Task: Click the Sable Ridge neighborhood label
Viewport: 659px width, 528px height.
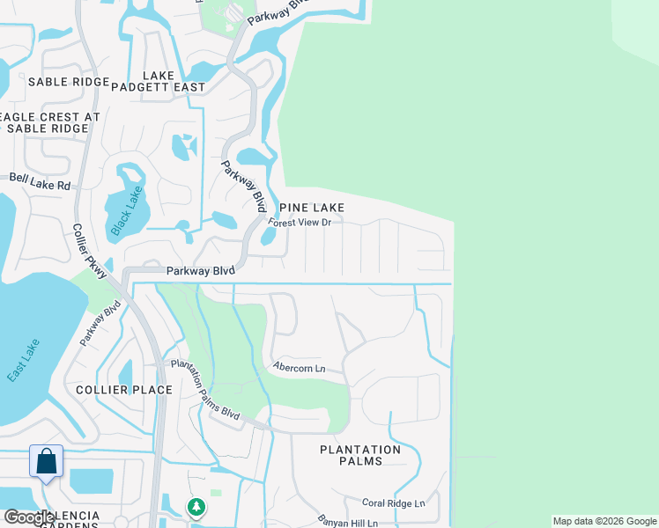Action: (64, 82)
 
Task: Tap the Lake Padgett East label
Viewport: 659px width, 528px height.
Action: (158, 81)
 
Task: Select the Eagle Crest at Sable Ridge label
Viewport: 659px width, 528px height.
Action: (51, 122)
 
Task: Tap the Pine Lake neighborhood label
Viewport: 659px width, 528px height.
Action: (311, 207)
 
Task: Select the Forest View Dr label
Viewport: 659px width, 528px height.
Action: (300, 223)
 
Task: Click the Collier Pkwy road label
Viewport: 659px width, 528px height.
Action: (91, 252)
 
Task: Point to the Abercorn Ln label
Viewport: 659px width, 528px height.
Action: (300, 368)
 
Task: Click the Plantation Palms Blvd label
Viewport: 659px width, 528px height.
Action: (204, 387)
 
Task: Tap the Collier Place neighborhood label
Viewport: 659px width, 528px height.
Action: (108, 389)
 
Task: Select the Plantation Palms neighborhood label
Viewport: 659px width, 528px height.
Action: (360, 455)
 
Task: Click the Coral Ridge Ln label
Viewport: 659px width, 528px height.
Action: (393, 502)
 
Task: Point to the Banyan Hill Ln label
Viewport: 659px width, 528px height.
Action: (347, 523)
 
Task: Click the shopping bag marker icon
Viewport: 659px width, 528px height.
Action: (46, 461)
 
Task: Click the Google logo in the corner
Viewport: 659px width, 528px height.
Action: (28, 517)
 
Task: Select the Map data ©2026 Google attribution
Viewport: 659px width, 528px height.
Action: (603, 521)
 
